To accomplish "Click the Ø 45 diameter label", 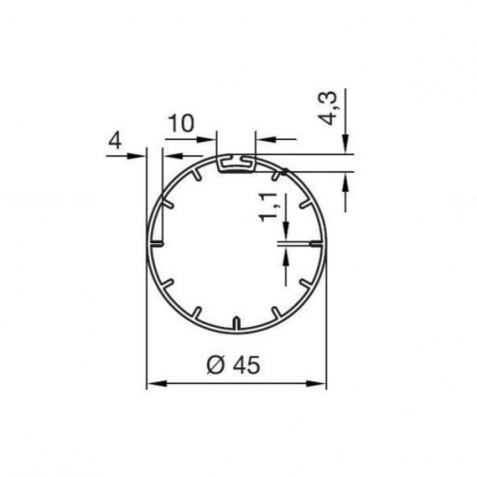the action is (x=233, y=365).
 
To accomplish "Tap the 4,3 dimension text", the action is (x=328, y=109).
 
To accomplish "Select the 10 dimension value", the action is (x=181, y=123).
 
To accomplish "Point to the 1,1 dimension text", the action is (x=269, y=208).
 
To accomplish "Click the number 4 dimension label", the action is (x=115, y=142).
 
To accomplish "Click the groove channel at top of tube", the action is (x=237, y=163).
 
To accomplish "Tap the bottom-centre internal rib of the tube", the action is (x=237, y=324).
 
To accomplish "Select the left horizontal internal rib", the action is (x=156, y=242).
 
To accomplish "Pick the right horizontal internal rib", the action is (x=316, y=242).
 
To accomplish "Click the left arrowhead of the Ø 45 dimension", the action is (x=157, y=383).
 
